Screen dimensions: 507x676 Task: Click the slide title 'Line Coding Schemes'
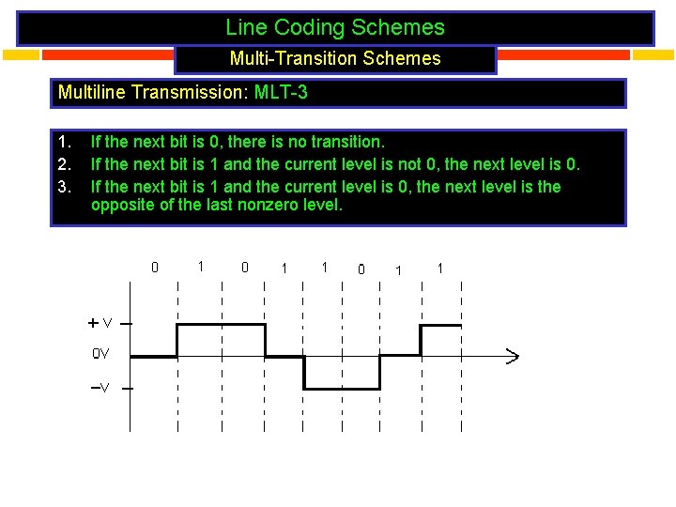[x=335, y=28]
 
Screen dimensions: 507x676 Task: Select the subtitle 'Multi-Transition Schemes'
[x=335, y=58]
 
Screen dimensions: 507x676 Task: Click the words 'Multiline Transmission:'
[x=152, y=93]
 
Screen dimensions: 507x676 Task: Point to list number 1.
[x=64, y=143]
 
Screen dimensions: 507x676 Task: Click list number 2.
[x=64, y=164]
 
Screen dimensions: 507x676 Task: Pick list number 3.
[x=64, y=186]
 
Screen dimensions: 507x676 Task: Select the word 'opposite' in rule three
[x=120, y=205]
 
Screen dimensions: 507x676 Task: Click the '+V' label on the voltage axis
[x=100, y=323]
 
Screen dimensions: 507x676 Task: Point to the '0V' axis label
[x=100, y=354]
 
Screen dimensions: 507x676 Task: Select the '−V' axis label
[x=100, y=388]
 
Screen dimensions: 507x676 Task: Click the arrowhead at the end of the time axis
[x=513, y=356]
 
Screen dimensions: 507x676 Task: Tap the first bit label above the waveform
[x=155, y=267]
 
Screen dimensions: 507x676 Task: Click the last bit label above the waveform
[x=439, y=269]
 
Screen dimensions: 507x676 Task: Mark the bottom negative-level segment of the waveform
[x=342, y=388]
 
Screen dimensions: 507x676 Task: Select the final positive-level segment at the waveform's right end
[x=440, y=325]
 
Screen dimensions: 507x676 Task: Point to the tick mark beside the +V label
[x=127, y=323]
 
